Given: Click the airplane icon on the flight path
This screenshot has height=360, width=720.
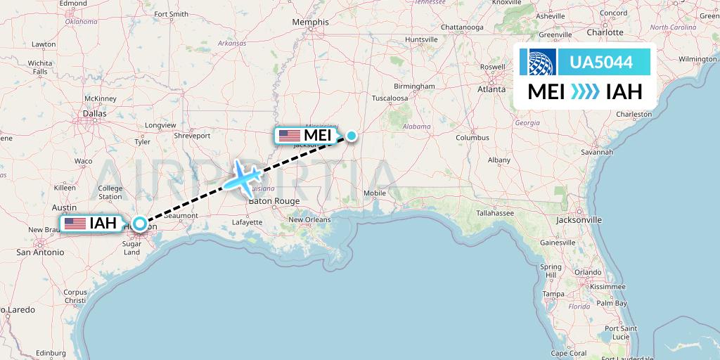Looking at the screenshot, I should pyautogui.click(x=243, y=176).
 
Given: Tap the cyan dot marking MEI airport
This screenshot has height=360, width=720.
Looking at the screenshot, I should pyautogui.click(x=351, y=136).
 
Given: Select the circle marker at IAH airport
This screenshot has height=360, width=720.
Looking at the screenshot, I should pyautogui.click(x=140, y=224).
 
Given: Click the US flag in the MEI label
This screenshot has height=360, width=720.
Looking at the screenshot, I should pyautogui.click(x=289, y=135).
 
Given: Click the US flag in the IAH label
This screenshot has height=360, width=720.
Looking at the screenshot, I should pyautogui.click(x=75, y=224).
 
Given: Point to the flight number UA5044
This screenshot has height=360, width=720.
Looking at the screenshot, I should pyautogui.click(x=600, y=63).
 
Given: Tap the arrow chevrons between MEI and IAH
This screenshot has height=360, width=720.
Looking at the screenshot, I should pyautogui.click(x=585, y=92).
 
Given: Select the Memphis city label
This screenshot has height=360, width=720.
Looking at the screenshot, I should pyautogui.click(x=311, y=22).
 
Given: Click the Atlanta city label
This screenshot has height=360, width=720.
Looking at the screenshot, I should pyautogui.click(x=491, y=89).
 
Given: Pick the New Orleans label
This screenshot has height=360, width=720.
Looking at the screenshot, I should pyautogui.click(x=308, y=219).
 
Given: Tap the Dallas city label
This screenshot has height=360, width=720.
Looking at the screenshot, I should pyautogui.click(x=94, y=112).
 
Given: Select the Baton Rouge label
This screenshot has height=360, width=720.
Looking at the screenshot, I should pyautogui.click(x=274, y=201).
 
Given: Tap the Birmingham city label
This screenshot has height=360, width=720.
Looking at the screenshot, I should pyautogui.click(x=414, y=86).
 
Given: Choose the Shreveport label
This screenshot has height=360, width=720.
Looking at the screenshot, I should pyautogui.click(x=192, y=135).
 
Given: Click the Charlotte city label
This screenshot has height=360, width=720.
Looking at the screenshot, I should pyautogui.click(x=605, y=32).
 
